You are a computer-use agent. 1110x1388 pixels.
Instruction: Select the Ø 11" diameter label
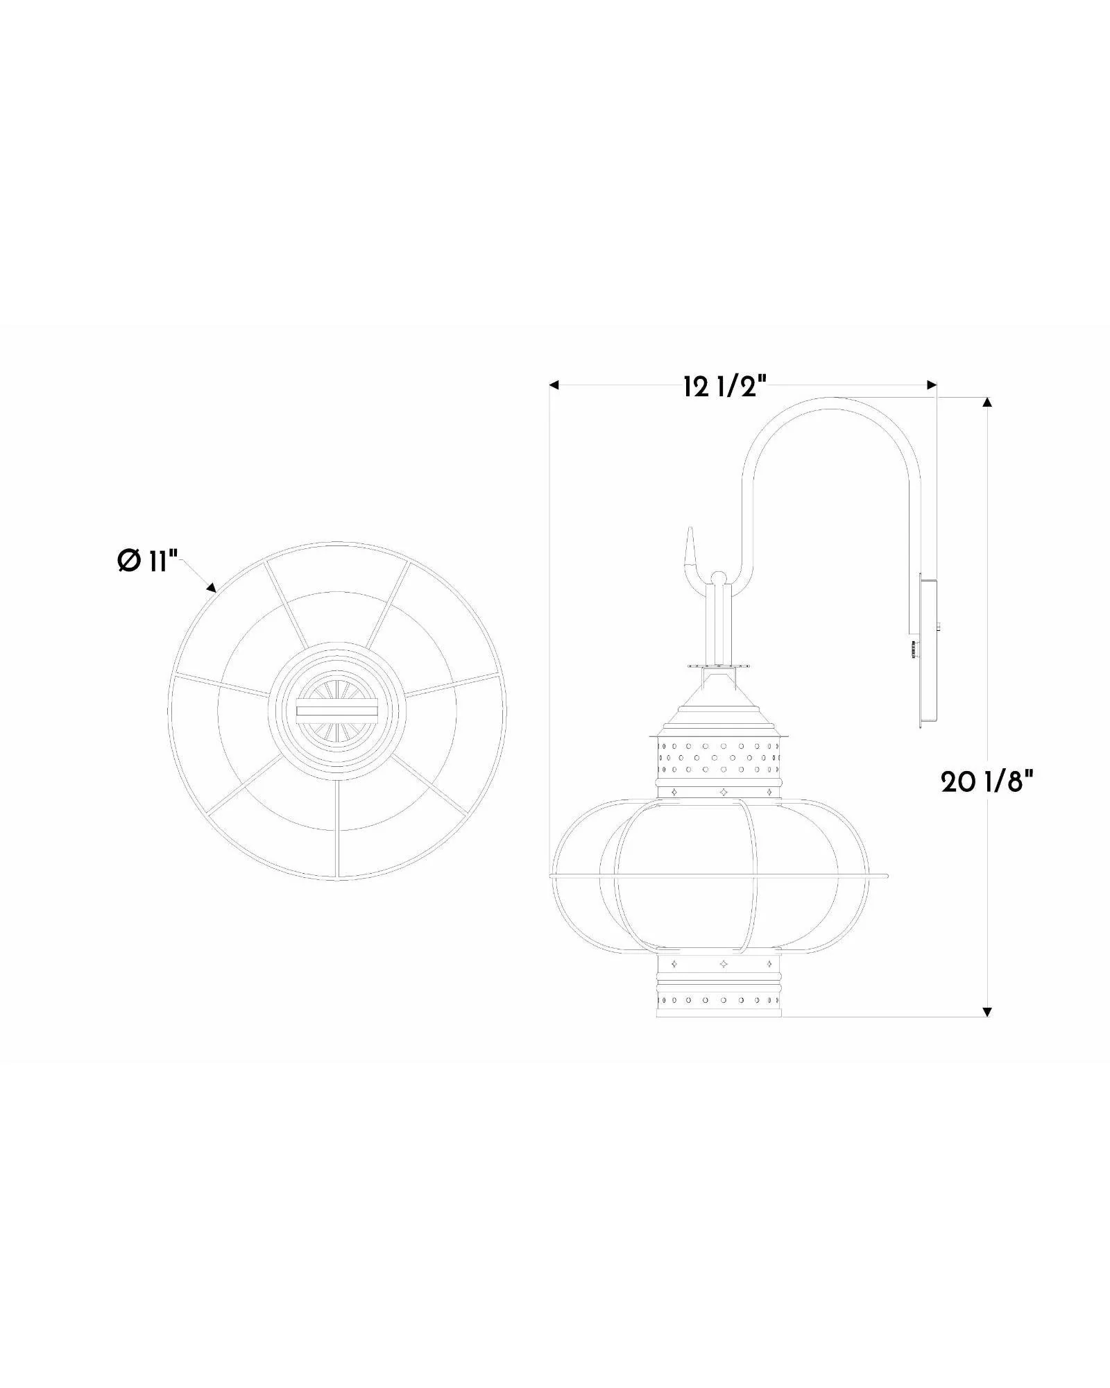tap(148, 561)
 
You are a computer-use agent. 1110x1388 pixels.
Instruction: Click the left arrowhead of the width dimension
tap(554, 384)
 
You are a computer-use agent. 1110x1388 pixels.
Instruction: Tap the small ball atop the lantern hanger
tap(719, 577)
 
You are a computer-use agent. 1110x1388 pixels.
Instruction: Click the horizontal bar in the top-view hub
tap(337, 711)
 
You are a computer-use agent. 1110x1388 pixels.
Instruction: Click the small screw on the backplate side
tap(938, 627)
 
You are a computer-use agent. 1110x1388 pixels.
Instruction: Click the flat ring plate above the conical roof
tap(719, 665)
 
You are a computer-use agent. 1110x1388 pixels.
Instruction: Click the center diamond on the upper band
tap(723, 791)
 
